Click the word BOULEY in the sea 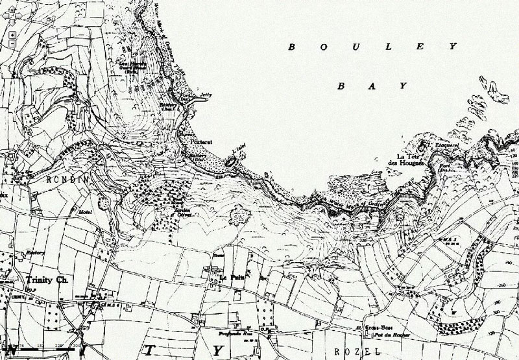[x=372, y=47]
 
